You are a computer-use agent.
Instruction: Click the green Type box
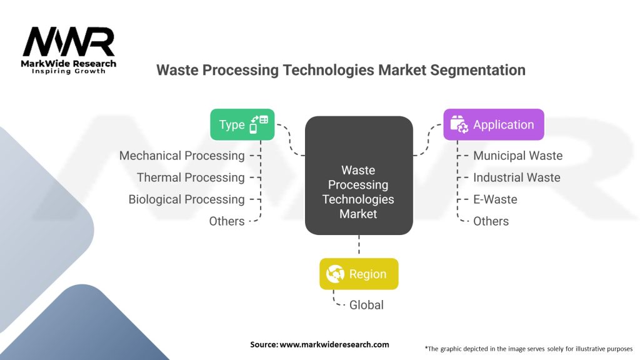(242, 124)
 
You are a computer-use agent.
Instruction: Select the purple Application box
(493, 124)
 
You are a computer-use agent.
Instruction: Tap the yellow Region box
(359, 274)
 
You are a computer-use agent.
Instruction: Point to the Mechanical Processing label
(182, 156)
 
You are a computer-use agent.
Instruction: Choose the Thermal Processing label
(191, 177)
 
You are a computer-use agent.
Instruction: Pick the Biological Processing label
(186, 199)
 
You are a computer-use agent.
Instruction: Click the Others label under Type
(227, 221)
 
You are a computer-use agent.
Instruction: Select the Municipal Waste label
(517, 156)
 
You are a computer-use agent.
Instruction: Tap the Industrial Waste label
(516, 177)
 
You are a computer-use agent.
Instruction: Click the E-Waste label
(495, 199)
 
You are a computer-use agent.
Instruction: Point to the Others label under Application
(491, 221)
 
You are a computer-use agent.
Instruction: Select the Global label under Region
(366, 305)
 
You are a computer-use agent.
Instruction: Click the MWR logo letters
(68, 42)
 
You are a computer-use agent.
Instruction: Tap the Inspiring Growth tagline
(69, 71)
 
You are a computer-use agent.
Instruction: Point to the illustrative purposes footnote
(528, 348)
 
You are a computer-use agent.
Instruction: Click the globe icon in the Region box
(335, 274)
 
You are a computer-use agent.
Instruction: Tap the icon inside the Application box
(459, 124)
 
